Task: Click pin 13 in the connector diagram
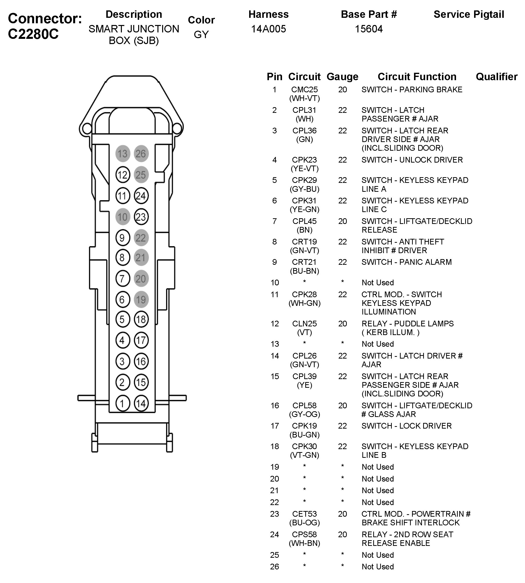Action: tap(123, 154)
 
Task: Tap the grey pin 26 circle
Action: tap(141, 154)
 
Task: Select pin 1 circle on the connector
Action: tap(123, 403)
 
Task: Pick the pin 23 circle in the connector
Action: tap(141, 217)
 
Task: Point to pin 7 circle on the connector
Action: tap(123, 279)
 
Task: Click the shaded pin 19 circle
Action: tap(141, 299)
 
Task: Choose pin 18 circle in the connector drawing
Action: tap(141, 319)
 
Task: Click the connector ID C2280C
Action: tap(33, 34)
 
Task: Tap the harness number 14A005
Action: tap(268, 29)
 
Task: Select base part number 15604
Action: tap(369, 29)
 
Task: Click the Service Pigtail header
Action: tap(469, 14)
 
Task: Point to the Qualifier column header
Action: tap(496, 76)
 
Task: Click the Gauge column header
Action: tap(342, 76)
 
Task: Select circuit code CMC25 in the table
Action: tap(304, 90)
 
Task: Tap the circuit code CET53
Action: tap(304, 514)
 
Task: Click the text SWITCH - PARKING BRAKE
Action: tap(412, 90)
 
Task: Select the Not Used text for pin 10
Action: tap(378, 282)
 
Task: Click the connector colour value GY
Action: tap(201, 34)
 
